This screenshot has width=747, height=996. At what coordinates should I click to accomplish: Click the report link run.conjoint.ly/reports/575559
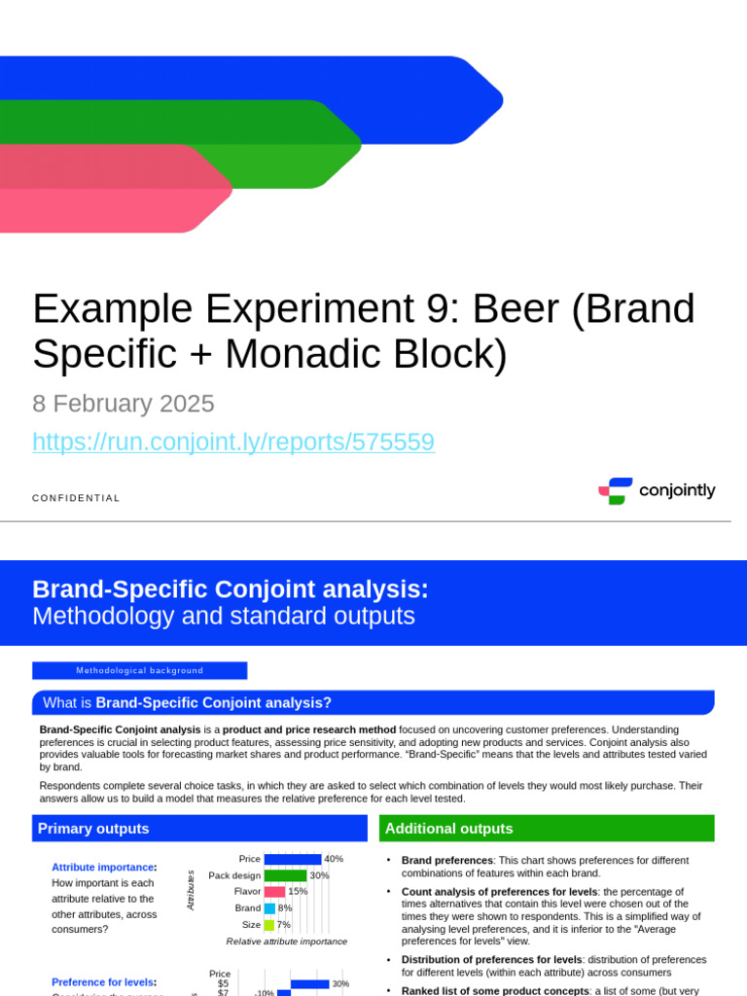pos(233,442)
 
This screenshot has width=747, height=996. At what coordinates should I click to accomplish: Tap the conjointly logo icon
pos(616,491)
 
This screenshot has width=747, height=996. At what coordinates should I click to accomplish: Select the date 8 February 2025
pos(124,404)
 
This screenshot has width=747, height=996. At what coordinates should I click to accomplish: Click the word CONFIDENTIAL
pos(76,498)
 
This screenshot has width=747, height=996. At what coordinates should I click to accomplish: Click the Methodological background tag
pos(140,670)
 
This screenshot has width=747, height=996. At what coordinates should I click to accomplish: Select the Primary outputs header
pos(93,829)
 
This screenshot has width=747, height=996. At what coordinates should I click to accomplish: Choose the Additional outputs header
pos(448,829)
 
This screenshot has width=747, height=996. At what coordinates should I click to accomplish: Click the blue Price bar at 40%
pos(293,859)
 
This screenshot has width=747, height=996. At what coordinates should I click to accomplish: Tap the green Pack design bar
pos(285,875)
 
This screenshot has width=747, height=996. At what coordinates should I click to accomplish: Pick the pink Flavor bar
pos(274,891)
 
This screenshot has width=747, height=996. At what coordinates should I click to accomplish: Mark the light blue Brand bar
pos(269,907)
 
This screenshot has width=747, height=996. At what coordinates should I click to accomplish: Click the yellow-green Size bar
pos(268,924)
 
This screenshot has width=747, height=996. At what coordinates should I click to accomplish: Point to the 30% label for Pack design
pos(319,875)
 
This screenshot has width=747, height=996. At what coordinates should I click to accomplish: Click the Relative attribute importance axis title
pos(286,942)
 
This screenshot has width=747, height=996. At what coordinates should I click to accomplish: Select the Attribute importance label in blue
pos(102,867)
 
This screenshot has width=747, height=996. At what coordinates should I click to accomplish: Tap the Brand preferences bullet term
pos(447,860)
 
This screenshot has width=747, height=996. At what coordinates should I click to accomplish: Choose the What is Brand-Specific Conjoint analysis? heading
pos(187,702)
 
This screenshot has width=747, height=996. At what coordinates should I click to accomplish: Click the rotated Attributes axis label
pos(191,890)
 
